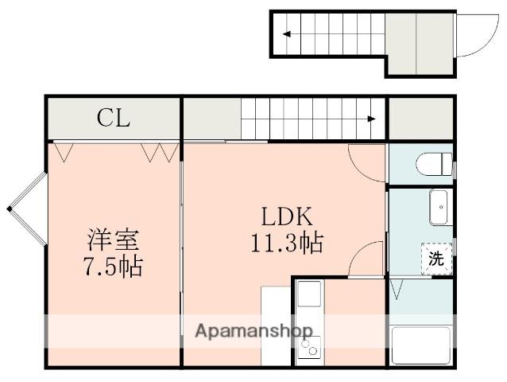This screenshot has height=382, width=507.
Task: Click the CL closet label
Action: click(x=113, y=119)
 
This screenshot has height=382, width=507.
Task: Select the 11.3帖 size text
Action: click(x=289, y=243)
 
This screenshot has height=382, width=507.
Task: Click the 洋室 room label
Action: click(x=114, y=240)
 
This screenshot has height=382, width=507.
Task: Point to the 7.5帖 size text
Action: click(x=114, y=266)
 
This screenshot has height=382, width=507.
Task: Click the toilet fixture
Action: click(x=434, y=165)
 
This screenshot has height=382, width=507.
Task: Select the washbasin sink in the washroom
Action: click(x=439, y=209)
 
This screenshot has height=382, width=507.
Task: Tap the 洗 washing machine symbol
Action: click(x=437, y=258)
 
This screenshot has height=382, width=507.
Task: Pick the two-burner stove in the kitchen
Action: click(x=308, y=348)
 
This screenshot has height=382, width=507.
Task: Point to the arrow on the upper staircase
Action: click(x=284, y=34)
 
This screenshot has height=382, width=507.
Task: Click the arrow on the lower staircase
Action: click(x=372, y=119)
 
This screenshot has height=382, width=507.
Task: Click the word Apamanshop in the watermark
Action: click(x=253, y=330)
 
